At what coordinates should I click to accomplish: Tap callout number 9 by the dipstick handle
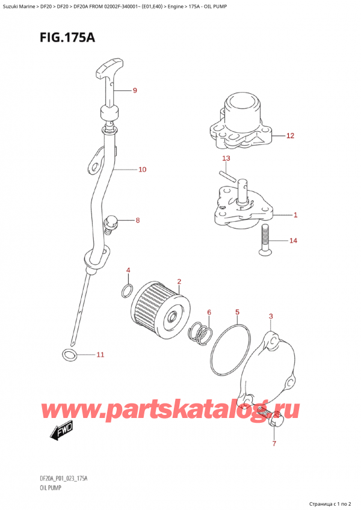(135, 91)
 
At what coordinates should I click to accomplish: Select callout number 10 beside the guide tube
(142, 170)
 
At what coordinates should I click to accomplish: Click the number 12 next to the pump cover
(290, 136)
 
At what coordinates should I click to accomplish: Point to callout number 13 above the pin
(226, 159)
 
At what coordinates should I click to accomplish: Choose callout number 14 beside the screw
(293, 241)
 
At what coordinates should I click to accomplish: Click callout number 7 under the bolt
(274, 444)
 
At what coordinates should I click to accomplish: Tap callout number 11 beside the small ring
(100, 355)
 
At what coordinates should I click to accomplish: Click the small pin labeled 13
(228, 176)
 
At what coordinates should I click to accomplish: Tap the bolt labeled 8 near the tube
(111, 223)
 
